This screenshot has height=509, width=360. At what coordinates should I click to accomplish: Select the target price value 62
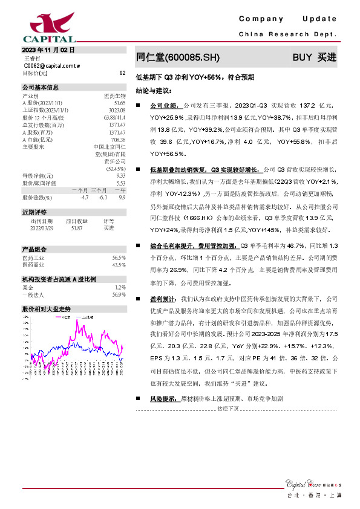122,73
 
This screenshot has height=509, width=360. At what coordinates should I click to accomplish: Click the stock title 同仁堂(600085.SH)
174,57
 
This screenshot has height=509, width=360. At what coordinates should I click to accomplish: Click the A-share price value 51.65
119,103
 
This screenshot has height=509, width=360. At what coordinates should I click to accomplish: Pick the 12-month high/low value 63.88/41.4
114,117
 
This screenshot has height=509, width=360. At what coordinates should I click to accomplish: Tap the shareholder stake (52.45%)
116,169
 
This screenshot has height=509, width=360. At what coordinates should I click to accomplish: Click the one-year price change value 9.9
122,198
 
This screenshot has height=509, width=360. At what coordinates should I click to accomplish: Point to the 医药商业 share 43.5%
119,265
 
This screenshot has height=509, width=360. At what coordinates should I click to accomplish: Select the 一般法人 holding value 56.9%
119,294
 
